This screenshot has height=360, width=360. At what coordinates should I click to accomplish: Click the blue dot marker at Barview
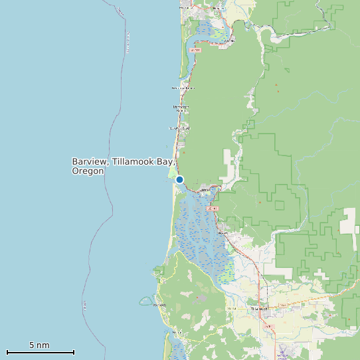point(179,179)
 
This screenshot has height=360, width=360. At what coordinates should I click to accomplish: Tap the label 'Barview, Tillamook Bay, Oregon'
point(123,166)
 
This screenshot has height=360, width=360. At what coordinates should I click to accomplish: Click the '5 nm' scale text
point(39,345)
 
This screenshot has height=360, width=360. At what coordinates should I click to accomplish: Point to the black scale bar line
point(40,352)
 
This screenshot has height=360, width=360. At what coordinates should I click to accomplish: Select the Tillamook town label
point(258,310)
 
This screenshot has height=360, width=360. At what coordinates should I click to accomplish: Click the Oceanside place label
point(159,305)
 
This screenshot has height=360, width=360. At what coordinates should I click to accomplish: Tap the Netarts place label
point(177,331)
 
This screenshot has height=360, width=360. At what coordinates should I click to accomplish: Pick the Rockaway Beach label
point(183,88)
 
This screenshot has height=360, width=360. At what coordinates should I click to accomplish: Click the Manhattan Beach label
point(181,108)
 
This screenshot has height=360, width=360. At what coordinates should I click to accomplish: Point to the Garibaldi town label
point(206,189)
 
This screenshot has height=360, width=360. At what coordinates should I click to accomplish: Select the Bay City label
point(224,233)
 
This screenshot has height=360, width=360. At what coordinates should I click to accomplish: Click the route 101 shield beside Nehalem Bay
point(195,50)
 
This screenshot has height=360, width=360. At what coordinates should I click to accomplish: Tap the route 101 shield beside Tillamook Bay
point(213,209)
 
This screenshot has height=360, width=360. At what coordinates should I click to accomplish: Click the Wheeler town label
point(230,41)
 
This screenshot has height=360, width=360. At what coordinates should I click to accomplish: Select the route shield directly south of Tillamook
point(267,327)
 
